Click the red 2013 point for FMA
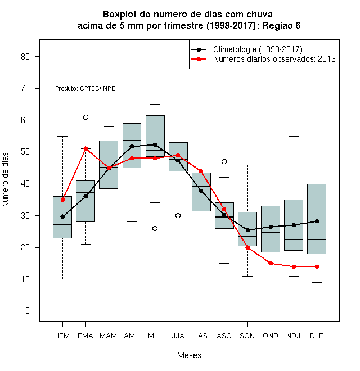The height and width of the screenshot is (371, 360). point(85,148)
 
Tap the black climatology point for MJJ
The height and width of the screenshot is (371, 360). point(155,144)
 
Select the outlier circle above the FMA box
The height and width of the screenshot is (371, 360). point(85,117)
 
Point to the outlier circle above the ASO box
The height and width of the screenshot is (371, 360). point(224,161)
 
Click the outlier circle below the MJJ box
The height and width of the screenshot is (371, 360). point(155,228)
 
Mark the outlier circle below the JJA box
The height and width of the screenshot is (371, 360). point(178,215)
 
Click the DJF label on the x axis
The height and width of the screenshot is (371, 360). point(317,336)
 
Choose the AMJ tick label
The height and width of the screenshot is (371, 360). point(132,336)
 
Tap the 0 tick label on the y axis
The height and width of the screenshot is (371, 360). point(28,311)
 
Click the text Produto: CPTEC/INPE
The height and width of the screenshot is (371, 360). point(85,88)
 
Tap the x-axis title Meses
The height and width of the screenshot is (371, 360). point(189,355)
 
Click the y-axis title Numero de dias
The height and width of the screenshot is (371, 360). point(5,180)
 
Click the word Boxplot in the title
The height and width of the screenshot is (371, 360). point(120,15)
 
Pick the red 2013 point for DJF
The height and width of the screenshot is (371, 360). point(317,266)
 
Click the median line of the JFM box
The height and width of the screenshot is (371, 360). point(62,225)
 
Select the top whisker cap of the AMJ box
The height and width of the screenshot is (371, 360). point(132,98)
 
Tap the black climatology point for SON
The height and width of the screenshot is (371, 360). point(247,230)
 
